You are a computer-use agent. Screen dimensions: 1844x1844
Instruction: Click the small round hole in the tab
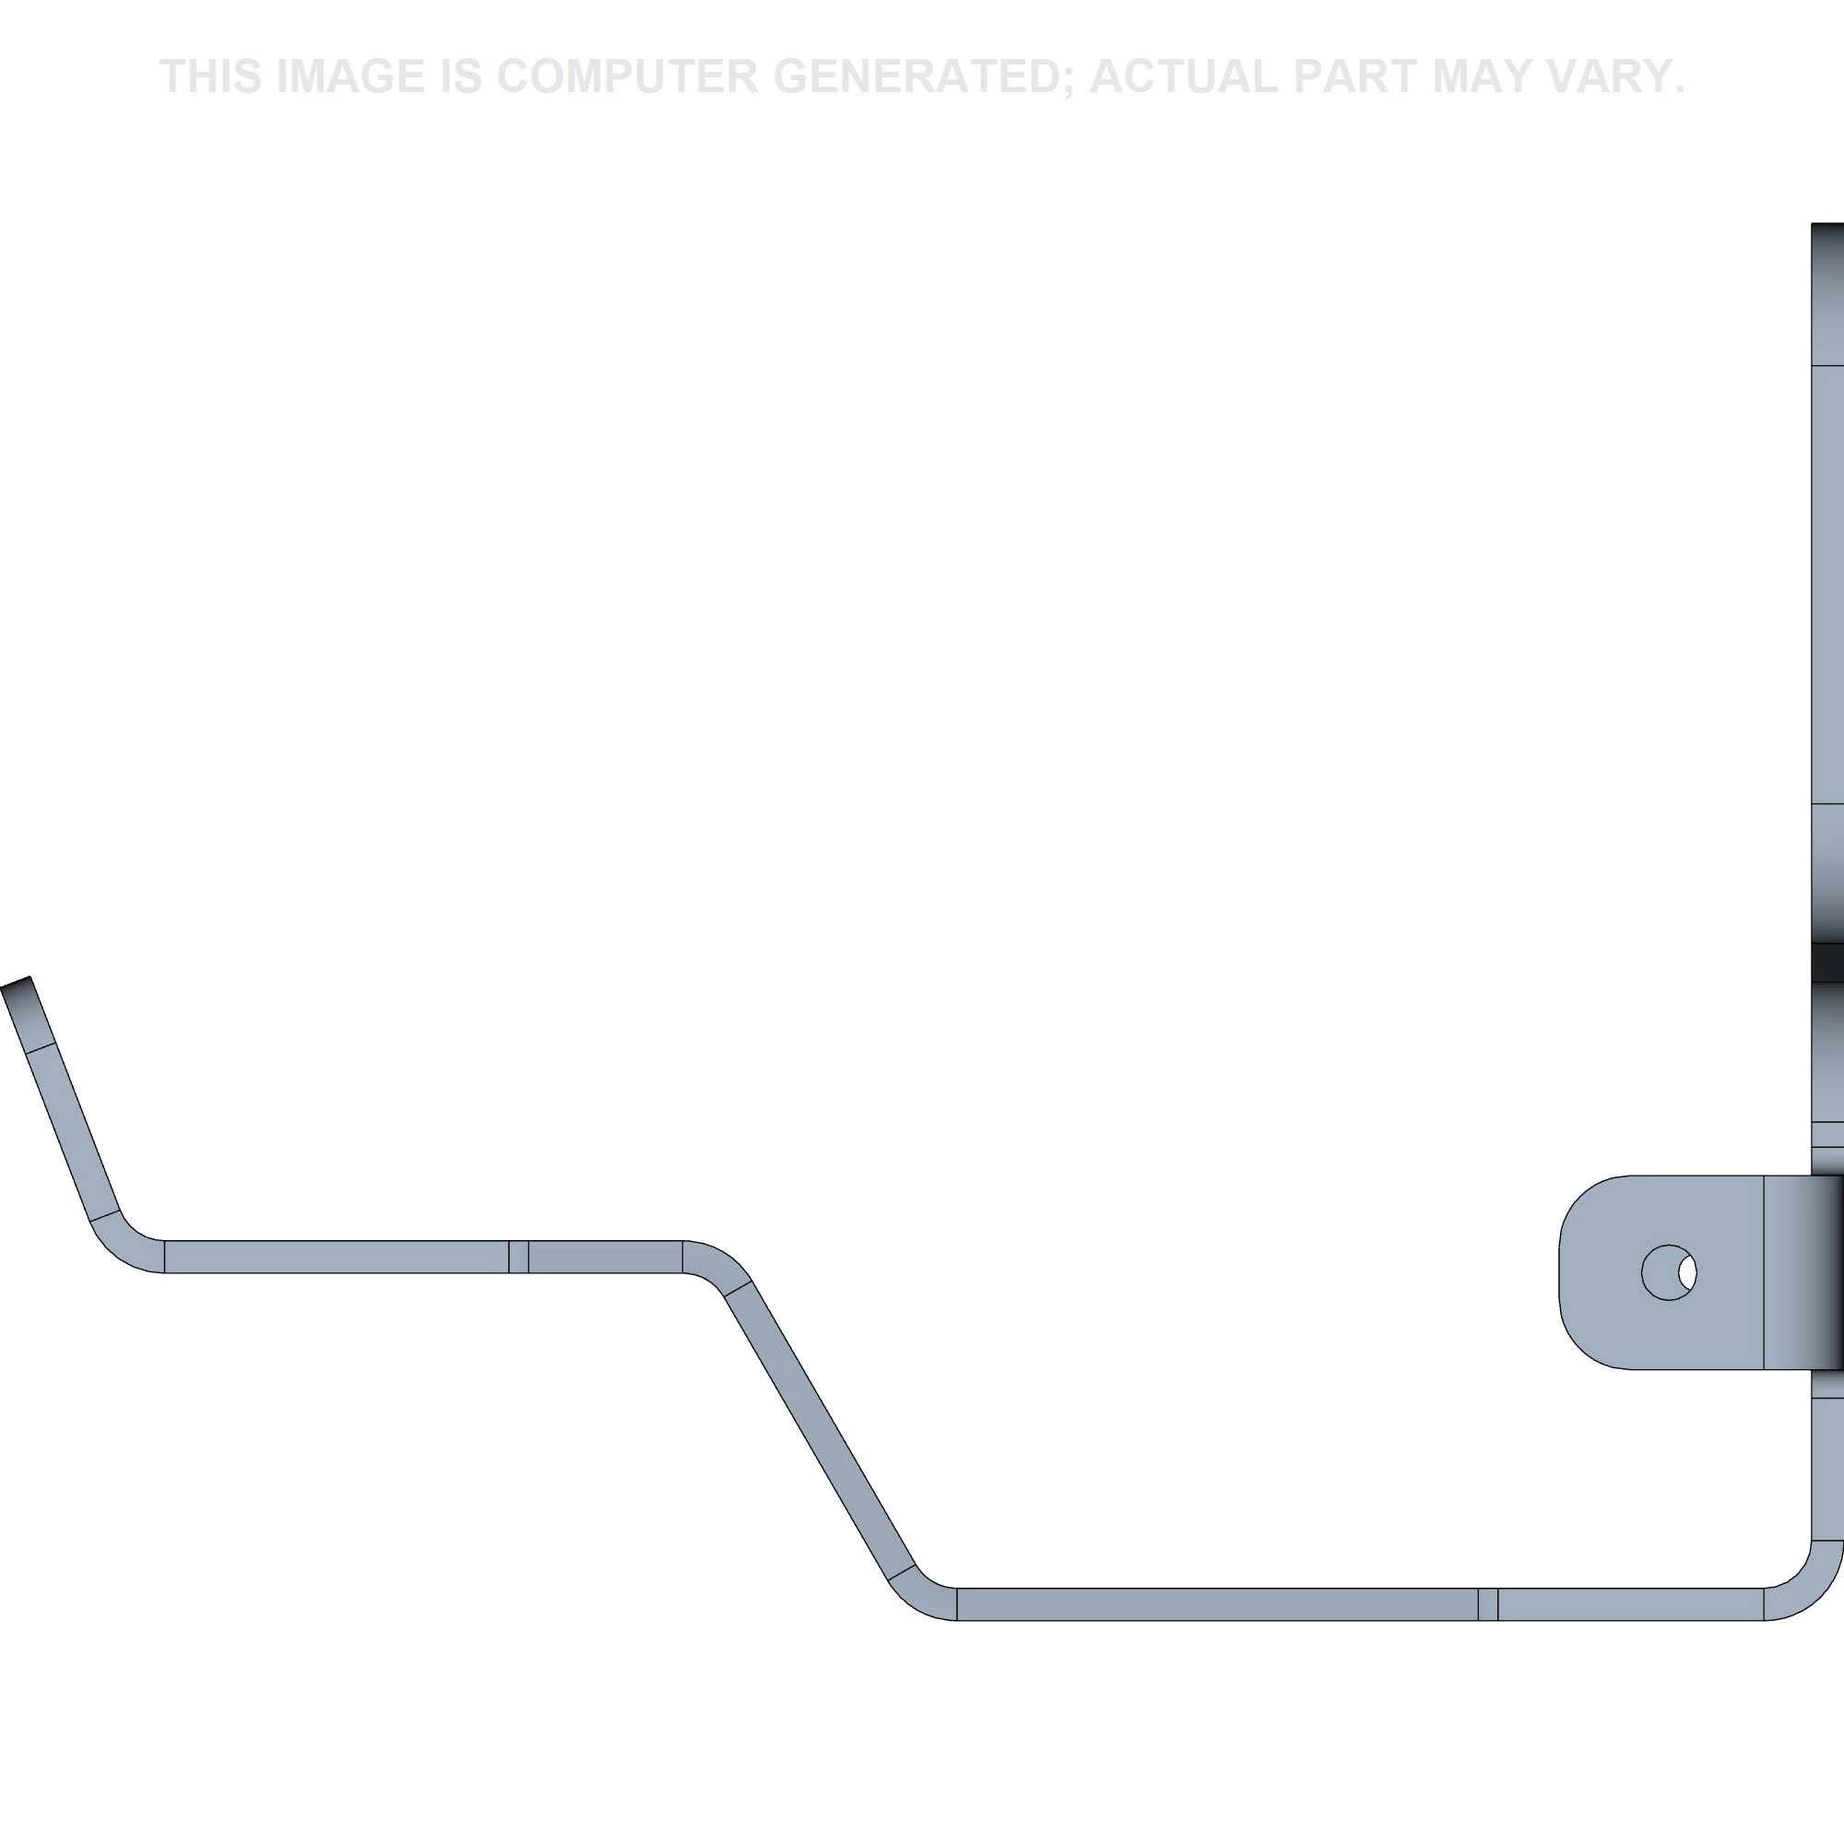pyautogui.click(x=1669, y=1272)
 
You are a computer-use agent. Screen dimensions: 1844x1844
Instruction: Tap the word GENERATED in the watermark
pyautogui.click(x=925, y=77)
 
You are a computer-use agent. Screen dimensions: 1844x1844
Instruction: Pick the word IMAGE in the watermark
pyautogui.click(x=349, y=77)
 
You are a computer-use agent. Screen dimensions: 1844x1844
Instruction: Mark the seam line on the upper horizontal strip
pyautogui.click(x=518, y=1257)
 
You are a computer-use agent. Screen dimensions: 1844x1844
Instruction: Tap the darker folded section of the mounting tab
pyautogui.click(x=1804, y=1272)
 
